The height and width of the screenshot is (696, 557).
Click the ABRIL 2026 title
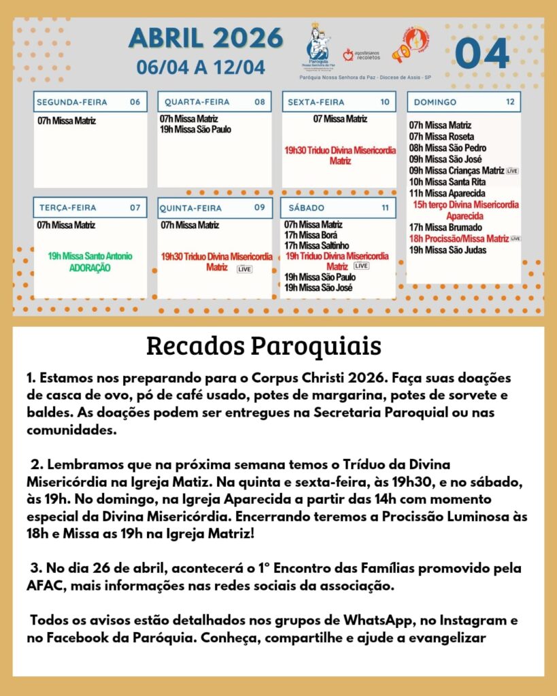click(205, 38)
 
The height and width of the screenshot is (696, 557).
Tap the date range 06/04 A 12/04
click(201, 67)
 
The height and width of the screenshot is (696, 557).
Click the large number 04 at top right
click(482, 53)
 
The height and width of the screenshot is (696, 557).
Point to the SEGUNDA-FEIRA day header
click(72, 102)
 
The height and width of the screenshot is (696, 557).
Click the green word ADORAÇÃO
click(90, 268)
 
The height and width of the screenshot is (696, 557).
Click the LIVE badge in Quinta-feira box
click(244, 269)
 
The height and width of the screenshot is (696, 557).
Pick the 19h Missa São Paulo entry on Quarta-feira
click(195, 129)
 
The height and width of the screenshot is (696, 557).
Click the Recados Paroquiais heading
click(264, 346)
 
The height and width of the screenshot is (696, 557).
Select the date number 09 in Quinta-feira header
click(259, 207)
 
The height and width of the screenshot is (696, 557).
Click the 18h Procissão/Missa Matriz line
click(459, 239)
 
